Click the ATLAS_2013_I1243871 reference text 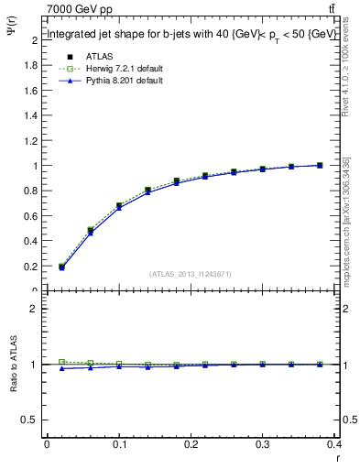click(191, 274)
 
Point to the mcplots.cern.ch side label click(346, 220)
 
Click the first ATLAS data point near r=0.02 click(61, 267)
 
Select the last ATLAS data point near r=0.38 click(320, 165)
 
